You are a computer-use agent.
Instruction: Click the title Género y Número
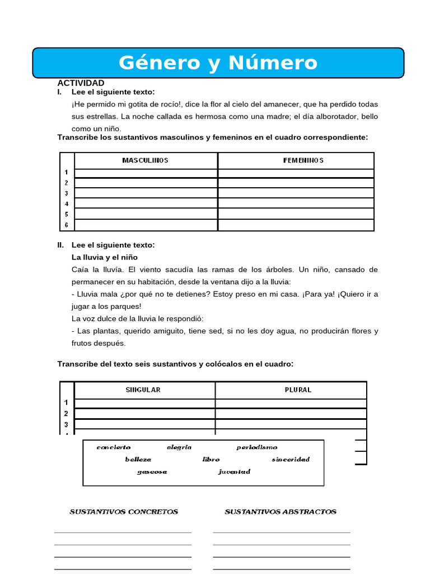[218, 63]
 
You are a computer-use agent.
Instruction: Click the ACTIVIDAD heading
[81, 83]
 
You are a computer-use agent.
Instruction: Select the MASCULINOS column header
[146, 160]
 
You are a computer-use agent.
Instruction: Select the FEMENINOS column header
[296, 160]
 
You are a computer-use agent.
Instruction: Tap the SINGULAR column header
[143, 390]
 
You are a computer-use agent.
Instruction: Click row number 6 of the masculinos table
[66, 225]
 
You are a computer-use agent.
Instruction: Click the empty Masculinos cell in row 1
[146, 173]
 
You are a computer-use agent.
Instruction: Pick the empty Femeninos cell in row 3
[296, 193]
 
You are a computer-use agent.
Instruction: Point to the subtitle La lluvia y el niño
[104, 257]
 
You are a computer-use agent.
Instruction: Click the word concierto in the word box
[114, 447]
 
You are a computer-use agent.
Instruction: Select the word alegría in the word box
[179, 447]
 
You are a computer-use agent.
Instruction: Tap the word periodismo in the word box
[256, 447]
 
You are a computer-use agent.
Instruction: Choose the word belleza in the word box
[138, 460]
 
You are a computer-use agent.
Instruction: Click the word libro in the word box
[211, 460]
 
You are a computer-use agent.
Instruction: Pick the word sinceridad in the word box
[291, 460]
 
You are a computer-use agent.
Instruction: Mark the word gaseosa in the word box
[152, 472]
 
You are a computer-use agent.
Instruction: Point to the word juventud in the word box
[234, 472]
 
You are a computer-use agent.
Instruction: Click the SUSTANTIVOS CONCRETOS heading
[124, 512]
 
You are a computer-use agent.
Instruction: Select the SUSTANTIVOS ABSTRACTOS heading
[281, 512]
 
